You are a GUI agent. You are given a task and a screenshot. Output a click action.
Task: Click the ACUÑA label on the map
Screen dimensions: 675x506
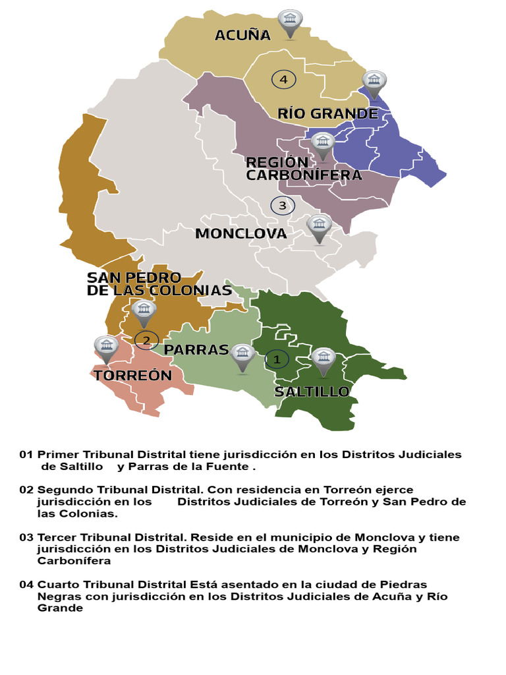(x=242, y=35)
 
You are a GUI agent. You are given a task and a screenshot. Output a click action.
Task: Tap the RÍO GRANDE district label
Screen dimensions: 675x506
(x=327, y=113)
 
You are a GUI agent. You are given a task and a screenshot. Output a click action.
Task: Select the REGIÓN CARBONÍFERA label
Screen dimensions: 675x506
(x=304, y=169)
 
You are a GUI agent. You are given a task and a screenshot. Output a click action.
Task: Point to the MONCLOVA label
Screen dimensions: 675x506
(x=240, y=233)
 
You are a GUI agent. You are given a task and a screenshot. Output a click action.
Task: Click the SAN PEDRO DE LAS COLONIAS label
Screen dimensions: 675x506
(x=159, y=284)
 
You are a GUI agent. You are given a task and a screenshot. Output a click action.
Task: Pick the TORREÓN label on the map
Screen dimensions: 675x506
(x=132, y=376)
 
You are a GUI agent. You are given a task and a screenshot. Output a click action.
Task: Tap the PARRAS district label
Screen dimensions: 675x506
(x=196, y=349)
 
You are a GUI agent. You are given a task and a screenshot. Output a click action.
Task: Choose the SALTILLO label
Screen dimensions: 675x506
(x=312, y=392)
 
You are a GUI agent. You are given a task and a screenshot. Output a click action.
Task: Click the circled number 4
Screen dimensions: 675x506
(x=283, y=80)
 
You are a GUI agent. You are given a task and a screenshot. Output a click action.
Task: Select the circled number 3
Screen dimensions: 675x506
(x=282, y=206)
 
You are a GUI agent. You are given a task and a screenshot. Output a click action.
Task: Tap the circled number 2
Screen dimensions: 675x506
(x=146, y=340)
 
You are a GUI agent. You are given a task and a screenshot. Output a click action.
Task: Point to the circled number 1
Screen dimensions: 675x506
(x=277, y=359)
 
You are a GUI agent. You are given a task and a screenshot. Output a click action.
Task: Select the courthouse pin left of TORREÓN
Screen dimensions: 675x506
(x=106, y=348)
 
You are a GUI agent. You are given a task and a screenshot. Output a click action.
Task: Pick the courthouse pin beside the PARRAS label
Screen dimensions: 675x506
(x=242, y=357)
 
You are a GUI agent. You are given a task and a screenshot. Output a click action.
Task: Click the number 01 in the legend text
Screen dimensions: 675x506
(x=26, y=455)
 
